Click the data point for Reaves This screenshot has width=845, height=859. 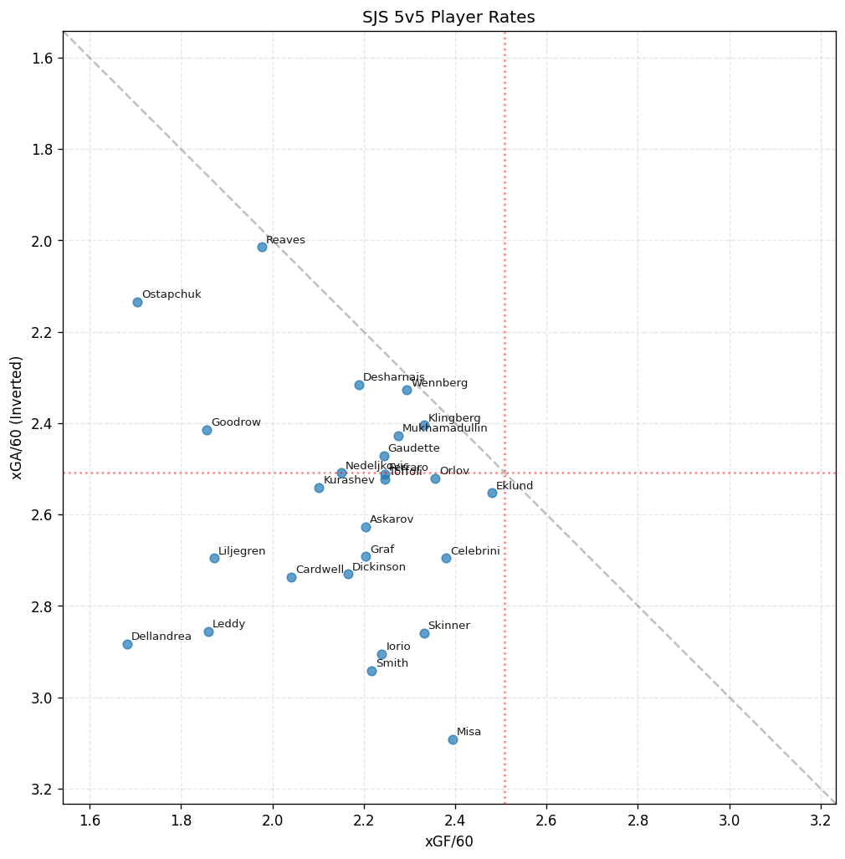(x=262, y=247)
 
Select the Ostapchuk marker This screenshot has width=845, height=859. (x=137, y=302)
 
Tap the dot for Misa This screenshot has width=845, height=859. (x=453, y=739)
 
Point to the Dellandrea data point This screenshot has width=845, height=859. (x=127, y=644)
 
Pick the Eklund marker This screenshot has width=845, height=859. (x=492, y=493)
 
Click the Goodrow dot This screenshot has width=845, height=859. (x=207, y=430)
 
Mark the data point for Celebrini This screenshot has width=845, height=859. (x=446, y=558)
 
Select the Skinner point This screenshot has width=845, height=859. (x=424, y=633)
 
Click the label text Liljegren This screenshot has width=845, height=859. (x=242, y=551)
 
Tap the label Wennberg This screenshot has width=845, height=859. (x=439, y=383)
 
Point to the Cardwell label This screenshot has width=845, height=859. (x=320, y=570)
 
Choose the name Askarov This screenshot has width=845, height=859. (x=392, y=519)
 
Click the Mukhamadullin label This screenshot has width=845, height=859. (x=444, y=428)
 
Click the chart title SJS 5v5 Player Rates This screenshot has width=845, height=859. (x=448, y=18)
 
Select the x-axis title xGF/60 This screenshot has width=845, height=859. (x=448, y=841)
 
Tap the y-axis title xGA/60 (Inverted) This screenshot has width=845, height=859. (x=17, y=417)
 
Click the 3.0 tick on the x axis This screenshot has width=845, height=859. (x=730, y=816)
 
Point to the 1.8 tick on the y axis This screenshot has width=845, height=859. (x=43, y=150)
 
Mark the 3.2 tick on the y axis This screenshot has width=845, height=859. (x=43, y=790)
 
